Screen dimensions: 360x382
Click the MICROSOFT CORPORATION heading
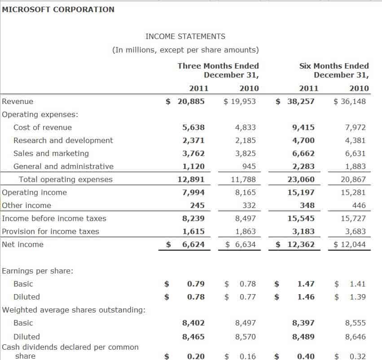pyautogui.click(x=58, y=9)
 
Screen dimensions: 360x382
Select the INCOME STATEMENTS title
pyautogui.click(x=185, y=36)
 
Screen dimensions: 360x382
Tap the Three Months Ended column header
pyautogui.click(x=218, y=66)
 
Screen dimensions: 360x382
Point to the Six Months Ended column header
pyautogui.click(x=334, y=66)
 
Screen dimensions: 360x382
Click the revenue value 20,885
pyautogui.click(x=191, y=101)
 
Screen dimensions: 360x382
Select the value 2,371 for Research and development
pyautogui.click(x=193, y=140)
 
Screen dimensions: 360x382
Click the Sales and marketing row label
pyautogui.click(x=51, y=153)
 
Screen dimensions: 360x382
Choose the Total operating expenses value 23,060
pyautogui.click(x=301, y=179)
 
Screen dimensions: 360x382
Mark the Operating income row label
pyautogui.click(x=35, y=192)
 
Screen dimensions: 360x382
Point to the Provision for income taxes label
pyautogui.click(x=51, y=231)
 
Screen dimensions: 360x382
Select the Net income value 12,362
pyautogui.click(x=301, y=244)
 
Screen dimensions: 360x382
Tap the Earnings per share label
pyautogui.click(x=38, y=271)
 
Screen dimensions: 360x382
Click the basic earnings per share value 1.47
pyautogui.click(x=306, y=284)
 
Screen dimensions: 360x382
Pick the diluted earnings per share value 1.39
pyautogui.click(x=357, y=297)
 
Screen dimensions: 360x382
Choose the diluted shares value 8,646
pyautogui.click(x=355, y=337)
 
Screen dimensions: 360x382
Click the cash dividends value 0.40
pyautogui.click(x=306, y=356)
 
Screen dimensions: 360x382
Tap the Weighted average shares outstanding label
pyautogui.click(x=74, y=310)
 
